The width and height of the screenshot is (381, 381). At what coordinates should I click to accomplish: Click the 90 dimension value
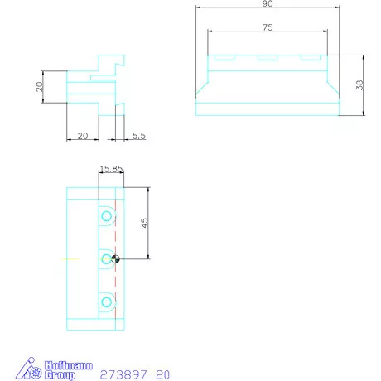coord(268,5)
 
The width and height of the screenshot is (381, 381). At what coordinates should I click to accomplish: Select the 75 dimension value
coord(268,27)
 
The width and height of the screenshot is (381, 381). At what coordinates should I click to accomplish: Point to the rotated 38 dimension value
coord(359,86)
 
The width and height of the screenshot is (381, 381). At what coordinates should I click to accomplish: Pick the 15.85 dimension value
coord(111,169)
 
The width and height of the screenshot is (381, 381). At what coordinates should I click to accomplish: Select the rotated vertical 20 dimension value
coord(39,87)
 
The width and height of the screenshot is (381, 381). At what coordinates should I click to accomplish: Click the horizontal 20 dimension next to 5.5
coord(82,136)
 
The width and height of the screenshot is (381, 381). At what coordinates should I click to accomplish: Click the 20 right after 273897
coord(162,374)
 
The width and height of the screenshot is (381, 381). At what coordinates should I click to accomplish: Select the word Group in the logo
coord(60,375)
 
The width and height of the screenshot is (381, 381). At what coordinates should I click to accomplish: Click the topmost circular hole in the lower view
coord(106,217)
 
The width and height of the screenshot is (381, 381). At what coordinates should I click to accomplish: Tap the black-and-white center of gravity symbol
coord(115,259)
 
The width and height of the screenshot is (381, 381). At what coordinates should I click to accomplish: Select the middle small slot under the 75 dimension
coord(267,58)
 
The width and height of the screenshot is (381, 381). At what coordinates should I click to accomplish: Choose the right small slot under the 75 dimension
coord(310,58)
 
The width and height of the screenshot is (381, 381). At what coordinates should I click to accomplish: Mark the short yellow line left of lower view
coord(70,259)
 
